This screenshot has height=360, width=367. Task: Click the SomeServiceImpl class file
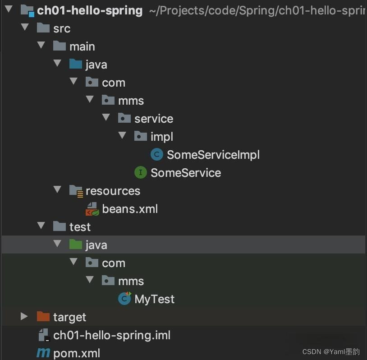point(213,155)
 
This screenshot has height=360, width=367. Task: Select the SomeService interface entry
point(185,173)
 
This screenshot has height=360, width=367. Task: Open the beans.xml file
point(130,209)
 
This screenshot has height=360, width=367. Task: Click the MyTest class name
point(154,299)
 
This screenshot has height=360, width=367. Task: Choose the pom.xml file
point(77,353)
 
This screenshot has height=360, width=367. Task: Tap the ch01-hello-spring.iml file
point(111,335)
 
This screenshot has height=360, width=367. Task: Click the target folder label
point(69,317)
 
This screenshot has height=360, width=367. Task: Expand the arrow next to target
point(24,317)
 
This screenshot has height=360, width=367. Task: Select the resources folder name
point(113,191)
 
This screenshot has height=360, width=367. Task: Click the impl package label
point(162,137)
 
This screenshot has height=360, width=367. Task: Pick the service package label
point(154,119)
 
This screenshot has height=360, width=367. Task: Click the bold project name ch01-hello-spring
point(90,10)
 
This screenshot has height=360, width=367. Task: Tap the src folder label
point(62,28)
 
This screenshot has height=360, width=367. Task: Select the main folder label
point(82,46)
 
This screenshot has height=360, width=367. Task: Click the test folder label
point(80,227)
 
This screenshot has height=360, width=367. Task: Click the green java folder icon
point(76,245)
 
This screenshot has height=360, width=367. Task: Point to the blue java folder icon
point(76,64)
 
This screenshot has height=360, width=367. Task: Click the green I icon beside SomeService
point(141,172)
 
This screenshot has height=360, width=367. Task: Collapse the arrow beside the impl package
point(122,136)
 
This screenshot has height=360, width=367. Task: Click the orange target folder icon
point(43,317)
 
